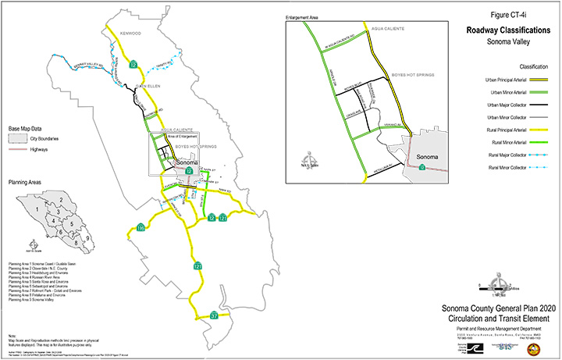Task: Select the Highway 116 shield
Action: (x=140, y=228)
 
